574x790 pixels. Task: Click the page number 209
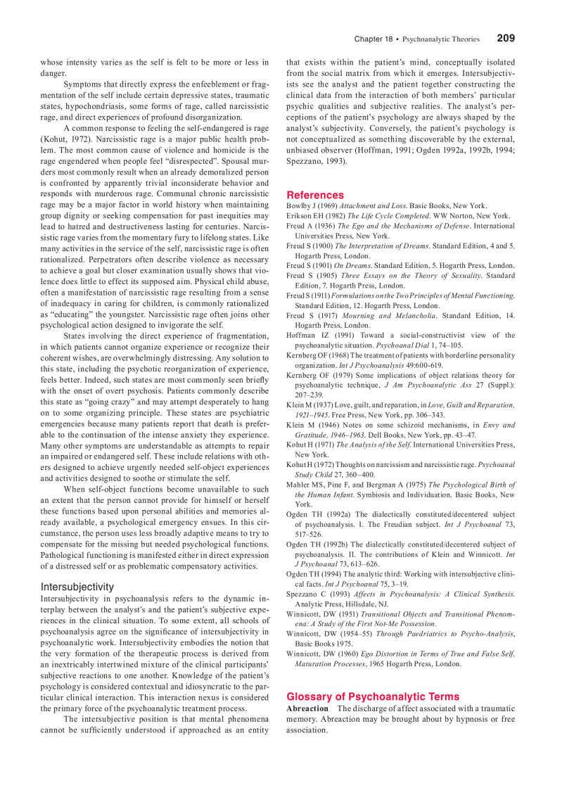[x=505, y=39]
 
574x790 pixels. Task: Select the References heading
[x=315, y=195]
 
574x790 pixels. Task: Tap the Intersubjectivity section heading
[x=77, y=587]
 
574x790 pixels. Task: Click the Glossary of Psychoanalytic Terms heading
[x=373, y=696]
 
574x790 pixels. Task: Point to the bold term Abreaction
[x=307, y=708]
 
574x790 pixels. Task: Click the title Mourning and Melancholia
[x=397, y=316]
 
